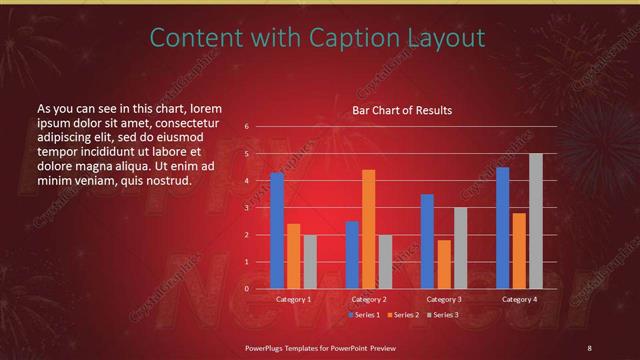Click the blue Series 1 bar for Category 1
[277, 230]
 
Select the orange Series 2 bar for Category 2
[368, 229]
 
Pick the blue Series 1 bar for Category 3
[427, 241]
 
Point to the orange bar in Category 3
[444, 264]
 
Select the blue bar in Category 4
[502, 227]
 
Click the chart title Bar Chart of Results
[402, 110]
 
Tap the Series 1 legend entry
[365, 315]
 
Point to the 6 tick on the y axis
[246, 127]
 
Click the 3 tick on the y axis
[246, 208]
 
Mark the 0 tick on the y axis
[246, 289]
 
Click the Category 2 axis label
[368, 299]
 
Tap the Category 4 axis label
[519, 299]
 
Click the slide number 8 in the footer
[589, 347]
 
